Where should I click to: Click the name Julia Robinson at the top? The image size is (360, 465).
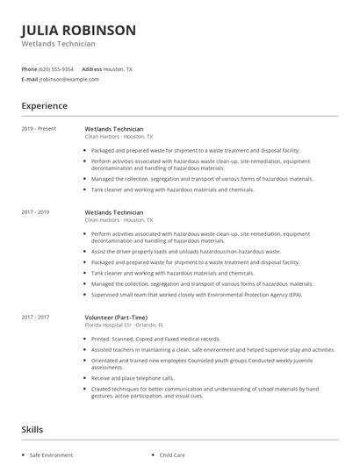78,30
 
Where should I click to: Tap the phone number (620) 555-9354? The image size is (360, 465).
57,68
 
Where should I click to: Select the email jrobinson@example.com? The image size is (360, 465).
69,79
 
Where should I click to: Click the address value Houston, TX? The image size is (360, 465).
119,68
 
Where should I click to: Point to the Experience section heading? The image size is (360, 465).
44,106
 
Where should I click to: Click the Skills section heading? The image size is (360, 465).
33,430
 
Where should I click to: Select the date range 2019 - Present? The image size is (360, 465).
39,129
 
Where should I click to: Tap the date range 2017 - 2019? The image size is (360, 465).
35,211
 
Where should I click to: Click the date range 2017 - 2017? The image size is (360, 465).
35,316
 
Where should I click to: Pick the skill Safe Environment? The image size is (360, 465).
51,455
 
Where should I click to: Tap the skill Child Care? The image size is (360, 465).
172,455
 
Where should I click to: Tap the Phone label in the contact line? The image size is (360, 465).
29,68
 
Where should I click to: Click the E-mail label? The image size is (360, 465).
29,79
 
